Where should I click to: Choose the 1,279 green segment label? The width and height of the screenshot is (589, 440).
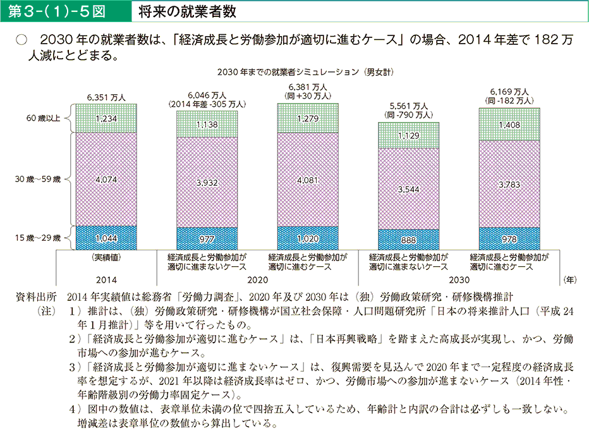[x=308, y=118]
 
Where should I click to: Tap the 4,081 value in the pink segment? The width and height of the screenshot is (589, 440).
[x=308, y=180]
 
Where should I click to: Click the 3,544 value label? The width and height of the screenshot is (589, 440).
[x=409, y=189]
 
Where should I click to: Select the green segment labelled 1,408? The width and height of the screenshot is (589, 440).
[x=509, y=125]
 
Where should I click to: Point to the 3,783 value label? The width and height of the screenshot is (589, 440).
[x=509, y=185]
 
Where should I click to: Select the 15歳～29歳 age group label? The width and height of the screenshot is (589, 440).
[x=39, y=238]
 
